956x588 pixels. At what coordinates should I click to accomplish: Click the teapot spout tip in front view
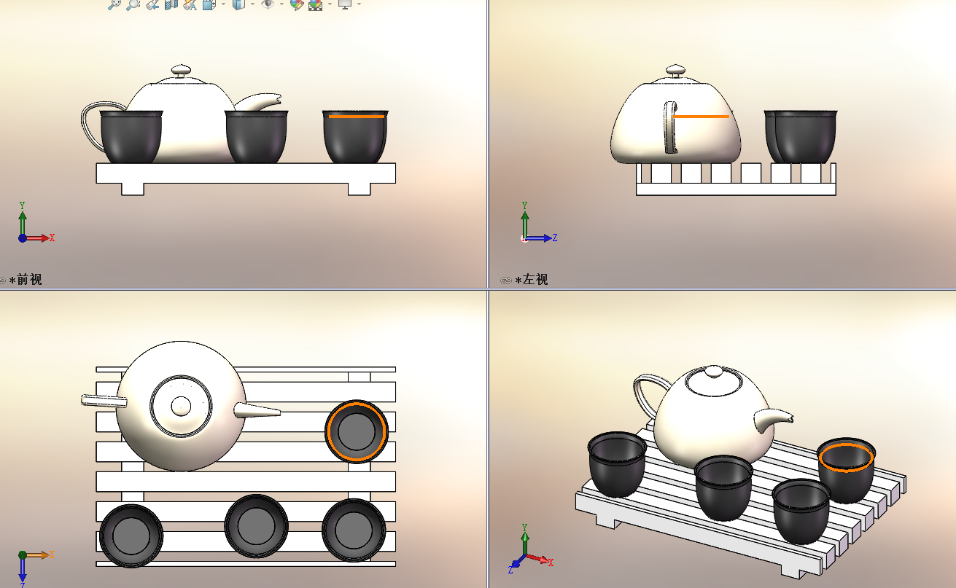279,98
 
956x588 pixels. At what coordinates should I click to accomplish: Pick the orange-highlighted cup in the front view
355,136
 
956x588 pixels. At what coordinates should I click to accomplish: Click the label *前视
26,280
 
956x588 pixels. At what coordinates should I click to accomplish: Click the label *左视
532,280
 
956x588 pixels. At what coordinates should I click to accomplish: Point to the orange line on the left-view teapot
702,116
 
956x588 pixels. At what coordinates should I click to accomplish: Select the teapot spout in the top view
257,411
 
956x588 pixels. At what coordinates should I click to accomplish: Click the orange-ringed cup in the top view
357,431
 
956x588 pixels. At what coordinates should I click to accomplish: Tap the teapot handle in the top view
104,401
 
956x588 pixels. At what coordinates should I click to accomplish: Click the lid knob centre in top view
181,406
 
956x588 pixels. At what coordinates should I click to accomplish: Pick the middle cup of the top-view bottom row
256,526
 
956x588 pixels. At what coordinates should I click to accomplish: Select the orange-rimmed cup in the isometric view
847,469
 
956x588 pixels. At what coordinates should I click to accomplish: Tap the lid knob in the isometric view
714,371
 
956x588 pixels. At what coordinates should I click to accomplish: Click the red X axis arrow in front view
38,238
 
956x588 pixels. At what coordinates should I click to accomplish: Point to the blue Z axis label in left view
555,238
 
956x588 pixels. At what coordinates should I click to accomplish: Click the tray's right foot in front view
359,189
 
